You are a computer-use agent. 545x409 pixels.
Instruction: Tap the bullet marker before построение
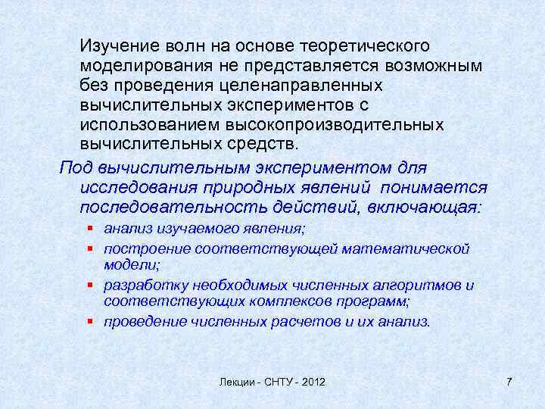pyautogui.click(x=90, y=248)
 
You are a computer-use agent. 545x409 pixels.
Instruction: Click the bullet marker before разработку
pyautogui.click(x=90, y=286)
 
